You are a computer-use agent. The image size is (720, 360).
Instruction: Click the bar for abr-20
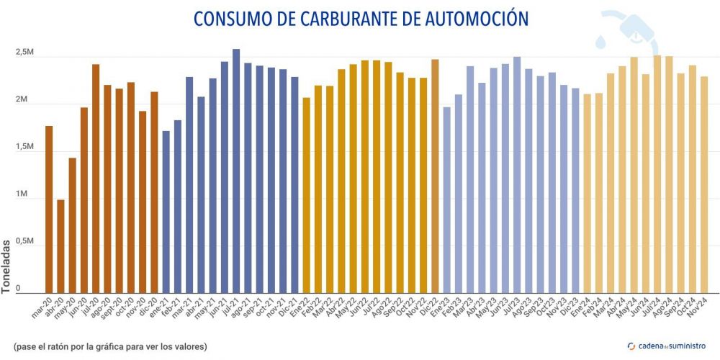coord(60,246)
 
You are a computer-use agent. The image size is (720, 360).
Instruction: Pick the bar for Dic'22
coord(435,176)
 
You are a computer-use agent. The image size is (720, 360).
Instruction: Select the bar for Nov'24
coord(704,184)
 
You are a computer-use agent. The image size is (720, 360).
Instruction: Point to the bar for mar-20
coord(49,209)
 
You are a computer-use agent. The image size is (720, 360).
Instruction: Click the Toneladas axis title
coord(6,264)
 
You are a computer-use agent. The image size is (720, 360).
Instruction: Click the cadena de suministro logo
coord(667,346)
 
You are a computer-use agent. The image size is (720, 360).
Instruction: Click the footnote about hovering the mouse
coord(110,347)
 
